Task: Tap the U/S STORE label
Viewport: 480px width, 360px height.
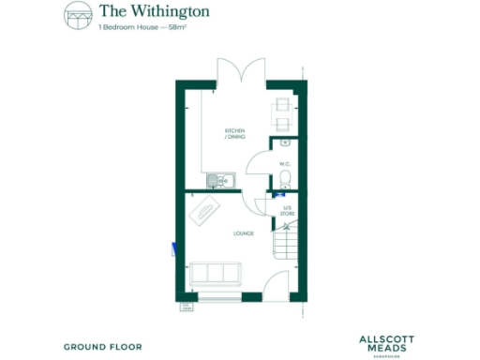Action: point(288,211)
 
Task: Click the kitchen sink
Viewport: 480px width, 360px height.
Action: point(219,179)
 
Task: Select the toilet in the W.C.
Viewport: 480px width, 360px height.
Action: point(287,180)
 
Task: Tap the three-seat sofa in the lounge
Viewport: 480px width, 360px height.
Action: point(215,274)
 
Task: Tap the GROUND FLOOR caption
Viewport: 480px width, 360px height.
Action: point(103,347)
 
